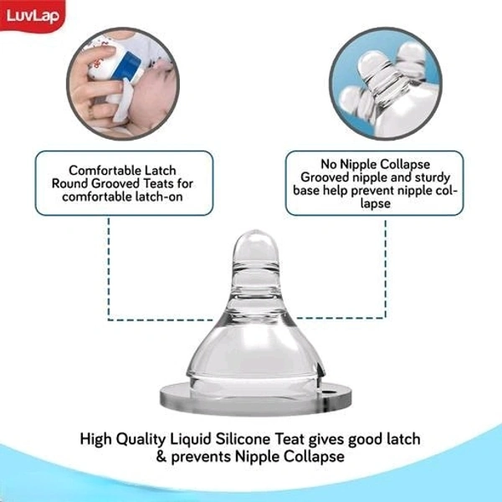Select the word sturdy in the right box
[x=434, y=177]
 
